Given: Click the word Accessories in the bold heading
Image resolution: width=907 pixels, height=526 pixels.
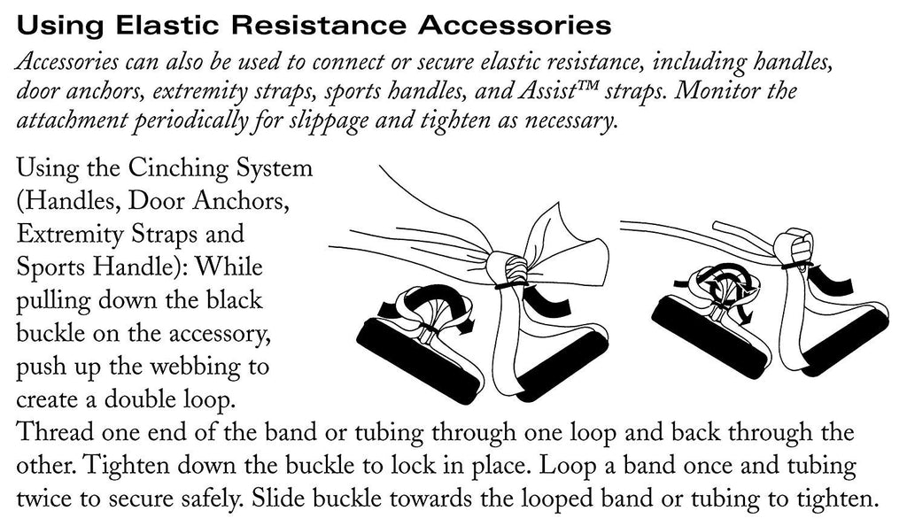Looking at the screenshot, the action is click(x=515, y=26).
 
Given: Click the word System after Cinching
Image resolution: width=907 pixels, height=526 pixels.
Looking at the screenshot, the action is click(x=275, y=169).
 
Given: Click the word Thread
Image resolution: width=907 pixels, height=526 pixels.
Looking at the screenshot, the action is click(x=53, y=433).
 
